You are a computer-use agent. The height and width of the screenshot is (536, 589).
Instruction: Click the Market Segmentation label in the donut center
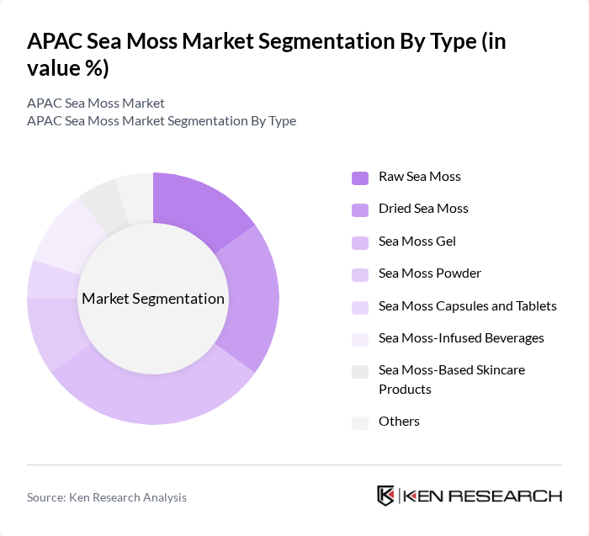pos(152,299)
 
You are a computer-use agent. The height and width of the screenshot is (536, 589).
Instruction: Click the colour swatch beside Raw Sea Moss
pos(360,177)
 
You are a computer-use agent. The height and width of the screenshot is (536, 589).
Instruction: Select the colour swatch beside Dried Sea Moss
pos(360,209)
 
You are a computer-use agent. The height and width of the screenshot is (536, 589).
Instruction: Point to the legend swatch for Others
pos(360,422)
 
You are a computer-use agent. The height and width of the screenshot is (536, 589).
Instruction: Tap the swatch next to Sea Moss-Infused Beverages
pos(360,338)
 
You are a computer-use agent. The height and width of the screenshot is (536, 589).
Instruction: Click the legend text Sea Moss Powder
pos(430,273)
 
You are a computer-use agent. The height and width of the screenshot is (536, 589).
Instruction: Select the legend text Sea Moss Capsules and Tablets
pos(467,306)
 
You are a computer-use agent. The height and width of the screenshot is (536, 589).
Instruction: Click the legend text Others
pos(399,422)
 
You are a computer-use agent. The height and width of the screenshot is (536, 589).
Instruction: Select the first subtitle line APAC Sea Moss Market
pos(96,103)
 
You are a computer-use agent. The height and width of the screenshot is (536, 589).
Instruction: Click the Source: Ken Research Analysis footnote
pos(107,497)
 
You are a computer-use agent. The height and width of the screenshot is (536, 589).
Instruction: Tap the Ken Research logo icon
pos(385,496)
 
